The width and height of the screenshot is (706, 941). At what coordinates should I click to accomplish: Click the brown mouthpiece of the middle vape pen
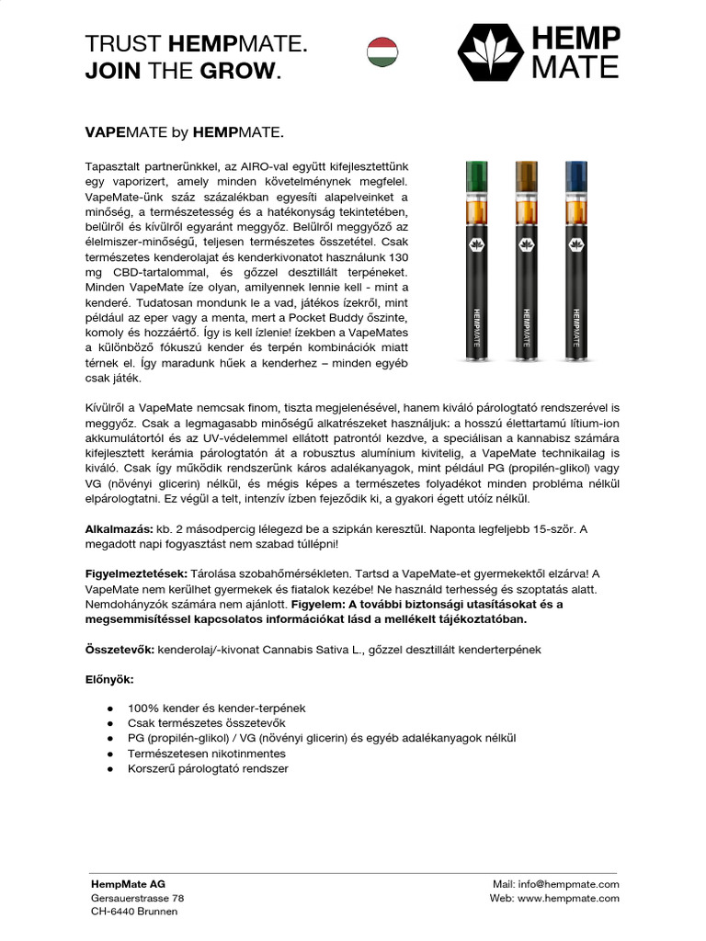tap(526, 173)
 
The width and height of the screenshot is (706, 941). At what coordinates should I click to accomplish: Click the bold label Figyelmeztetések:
tap(136, 573)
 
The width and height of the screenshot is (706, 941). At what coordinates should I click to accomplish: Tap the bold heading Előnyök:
tap(109, 679)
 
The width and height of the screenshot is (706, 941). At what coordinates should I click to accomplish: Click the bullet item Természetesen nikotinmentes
tap(207, 753)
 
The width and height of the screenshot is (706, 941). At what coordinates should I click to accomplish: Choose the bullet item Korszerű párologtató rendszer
tap(208, 767)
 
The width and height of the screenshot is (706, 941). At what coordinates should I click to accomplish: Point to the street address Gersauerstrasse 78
tap(137, 897)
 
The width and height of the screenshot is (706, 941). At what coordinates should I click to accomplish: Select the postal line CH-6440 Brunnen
tap(134, 911)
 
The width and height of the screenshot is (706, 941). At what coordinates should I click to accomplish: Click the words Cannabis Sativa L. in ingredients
tap(286, 649)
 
